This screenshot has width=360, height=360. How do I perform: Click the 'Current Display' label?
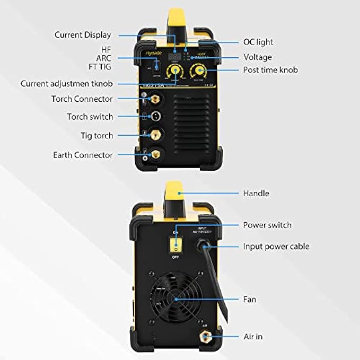pos(83,35)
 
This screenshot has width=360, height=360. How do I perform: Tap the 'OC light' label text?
pos(258,42)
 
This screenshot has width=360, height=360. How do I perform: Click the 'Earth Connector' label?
pos(83,155)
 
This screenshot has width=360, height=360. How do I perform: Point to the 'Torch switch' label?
pos(90,117)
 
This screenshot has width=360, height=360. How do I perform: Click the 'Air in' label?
pos(252,337)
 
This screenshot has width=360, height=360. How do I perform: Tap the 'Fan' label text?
pos(249,300)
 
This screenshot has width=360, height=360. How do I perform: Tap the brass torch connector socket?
pos(156,99)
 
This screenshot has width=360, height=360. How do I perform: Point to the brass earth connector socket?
pos(156,155)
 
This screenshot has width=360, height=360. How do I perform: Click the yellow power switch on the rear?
pos(173,244)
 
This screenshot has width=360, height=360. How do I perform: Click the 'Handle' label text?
pos(256,194)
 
